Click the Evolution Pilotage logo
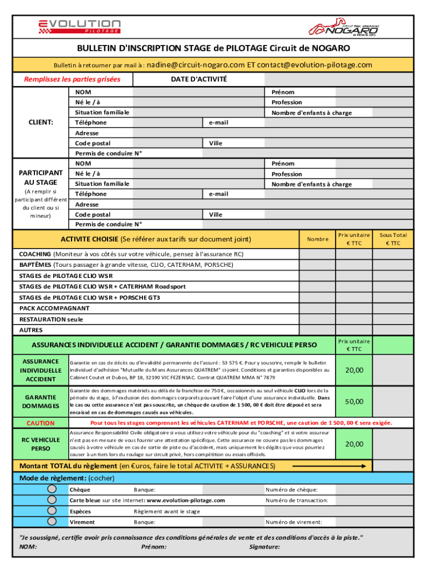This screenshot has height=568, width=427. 79,26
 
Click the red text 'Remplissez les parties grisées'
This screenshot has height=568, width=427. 72,79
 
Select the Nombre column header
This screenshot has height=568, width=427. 317,240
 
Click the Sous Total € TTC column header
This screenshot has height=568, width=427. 393,239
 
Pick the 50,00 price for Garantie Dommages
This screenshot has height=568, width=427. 354,402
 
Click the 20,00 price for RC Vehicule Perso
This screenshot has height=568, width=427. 354,444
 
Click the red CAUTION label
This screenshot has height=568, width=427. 40,423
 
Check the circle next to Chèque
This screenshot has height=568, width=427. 52,489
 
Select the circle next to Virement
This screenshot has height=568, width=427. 52,521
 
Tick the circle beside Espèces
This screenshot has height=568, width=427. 52,511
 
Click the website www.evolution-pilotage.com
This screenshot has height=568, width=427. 185,500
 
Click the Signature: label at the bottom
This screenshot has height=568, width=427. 265,547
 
